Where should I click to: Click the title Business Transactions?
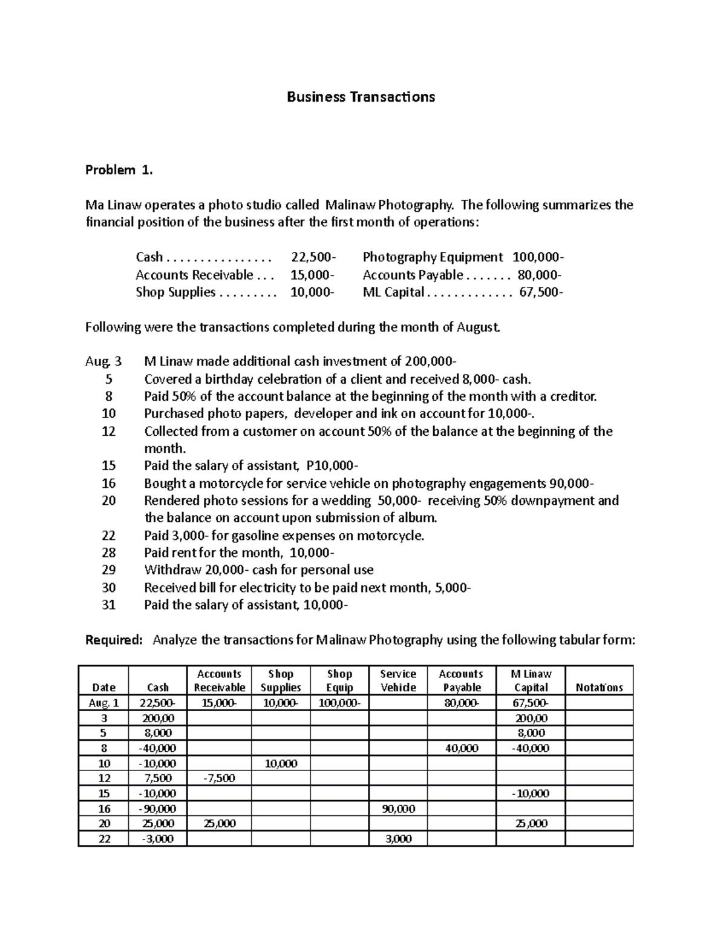[361, 97]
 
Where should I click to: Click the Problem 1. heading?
[119, 170]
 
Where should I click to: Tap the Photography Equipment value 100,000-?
[538, 257]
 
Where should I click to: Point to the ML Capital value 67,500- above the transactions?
[540, 292]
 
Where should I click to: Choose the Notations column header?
[599, 688]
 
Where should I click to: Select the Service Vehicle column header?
[398, 680]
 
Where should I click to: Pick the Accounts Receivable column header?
[220, 680]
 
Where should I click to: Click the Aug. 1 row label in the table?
[103, 703]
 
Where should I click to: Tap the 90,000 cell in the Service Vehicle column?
[398, 809]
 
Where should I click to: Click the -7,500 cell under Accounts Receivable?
[220, 778]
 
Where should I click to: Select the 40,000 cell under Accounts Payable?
[461, 748]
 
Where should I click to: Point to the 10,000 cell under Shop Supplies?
[281, 763]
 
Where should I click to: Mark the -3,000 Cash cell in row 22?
[157, 839]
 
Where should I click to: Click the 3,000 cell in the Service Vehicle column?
[398, 839]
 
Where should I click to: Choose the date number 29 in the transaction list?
[108, 570]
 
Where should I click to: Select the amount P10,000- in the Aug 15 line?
[332, 466]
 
